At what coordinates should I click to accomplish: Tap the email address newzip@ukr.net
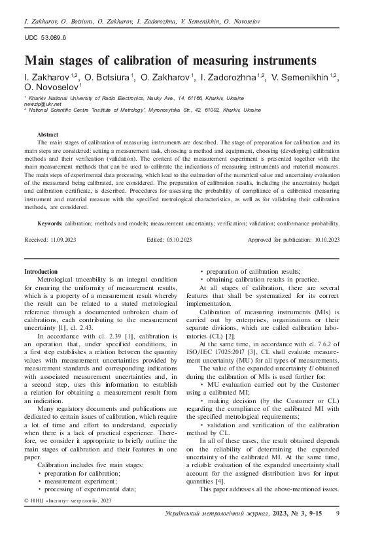[42, 104]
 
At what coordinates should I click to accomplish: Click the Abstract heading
[50, 133]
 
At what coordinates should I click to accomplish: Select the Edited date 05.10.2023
[179, 240]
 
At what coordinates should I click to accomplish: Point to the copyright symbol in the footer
[27, 500]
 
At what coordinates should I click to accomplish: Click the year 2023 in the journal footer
[285, 515]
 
